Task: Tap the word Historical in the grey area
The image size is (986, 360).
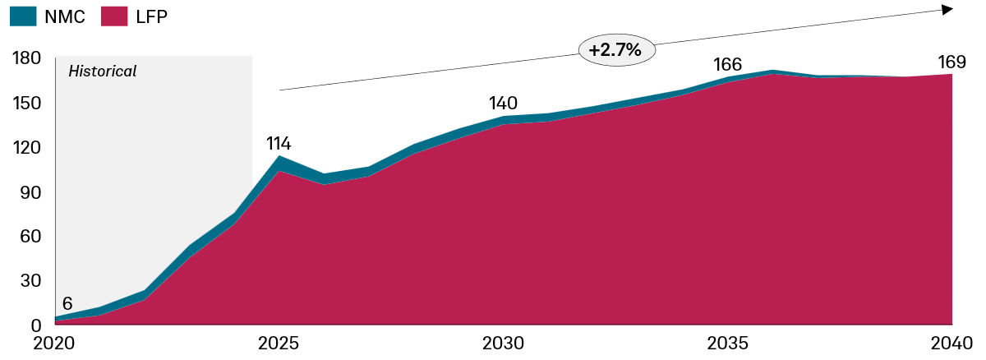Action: coord(102,72)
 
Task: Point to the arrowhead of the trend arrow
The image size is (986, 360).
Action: coord(947,9)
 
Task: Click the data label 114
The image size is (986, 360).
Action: coord(279,144)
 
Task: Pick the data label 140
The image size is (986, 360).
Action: coord(503,104)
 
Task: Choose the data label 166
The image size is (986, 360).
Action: coord(727,65)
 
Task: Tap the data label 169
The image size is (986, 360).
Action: coord(951,62)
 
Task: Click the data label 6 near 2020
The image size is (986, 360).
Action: coord(67,303)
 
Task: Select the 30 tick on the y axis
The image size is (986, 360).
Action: coord(31,280)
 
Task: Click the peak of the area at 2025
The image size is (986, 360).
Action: coord(280,157)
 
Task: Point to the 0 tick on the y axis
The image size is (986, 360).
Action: coord(37,325)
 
